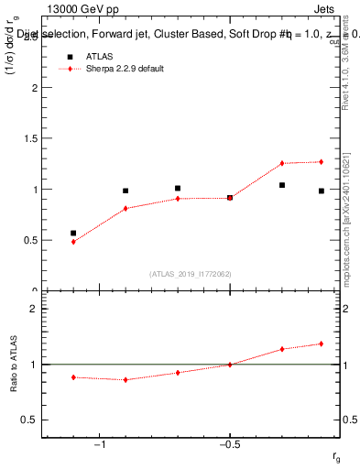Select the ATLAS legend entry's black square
pyautogui.click(x=66, y=56)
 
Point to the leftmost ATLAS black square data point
pyautogui.click(x=73, y=234)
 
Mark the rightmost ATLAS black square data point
pyautogui.click(x=322, y=191)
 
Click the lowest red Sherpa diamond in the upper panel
pyautogui.click(x=73, y=242)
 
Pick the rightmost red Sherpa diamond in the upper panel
pyautogui.click(x=322, y=162)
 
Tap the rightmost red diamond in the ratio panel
pyautogui.click(x=322, y=344)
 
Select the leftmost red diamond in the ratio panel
pyautogui.click(x=73, y=377)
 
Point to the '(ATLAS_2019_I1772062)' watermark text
pyautogui.click(x=191, y=274)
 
